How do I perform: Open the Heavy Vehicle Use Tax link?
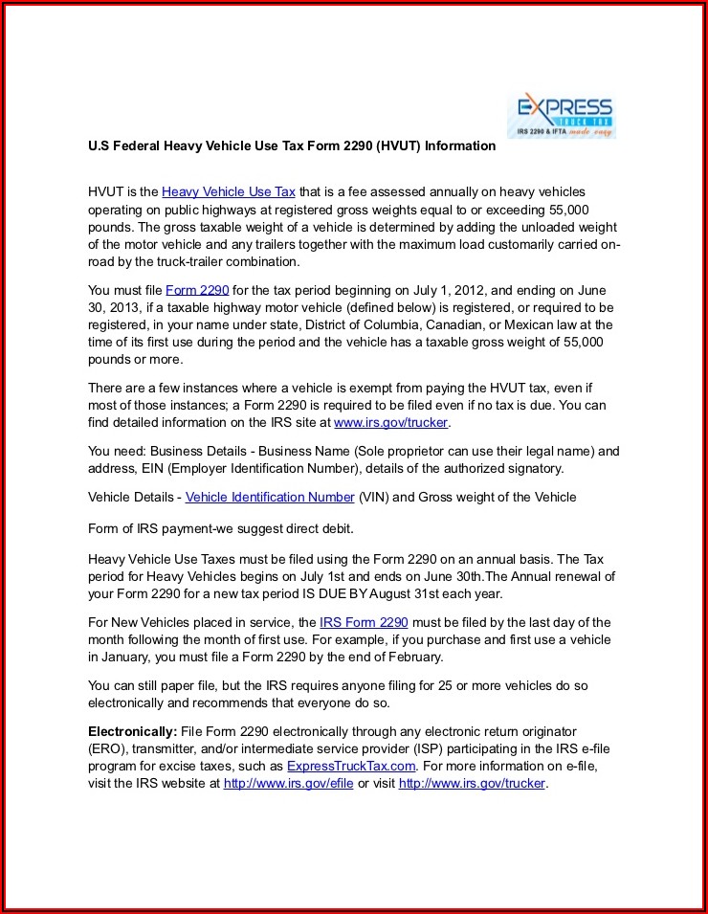pos(229,192)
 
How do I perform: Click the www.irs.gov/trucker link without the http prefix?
pos(390,422)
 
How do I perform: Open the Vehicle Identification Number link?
pos(270,497)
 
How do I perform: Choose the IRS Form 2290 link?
pos(364,622)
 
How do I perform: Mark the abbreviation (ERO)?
pos(107,748)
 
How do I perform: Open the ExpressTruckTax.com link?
pos(351,766)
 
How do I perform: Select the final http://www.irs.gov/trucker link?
pos(471,783)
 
